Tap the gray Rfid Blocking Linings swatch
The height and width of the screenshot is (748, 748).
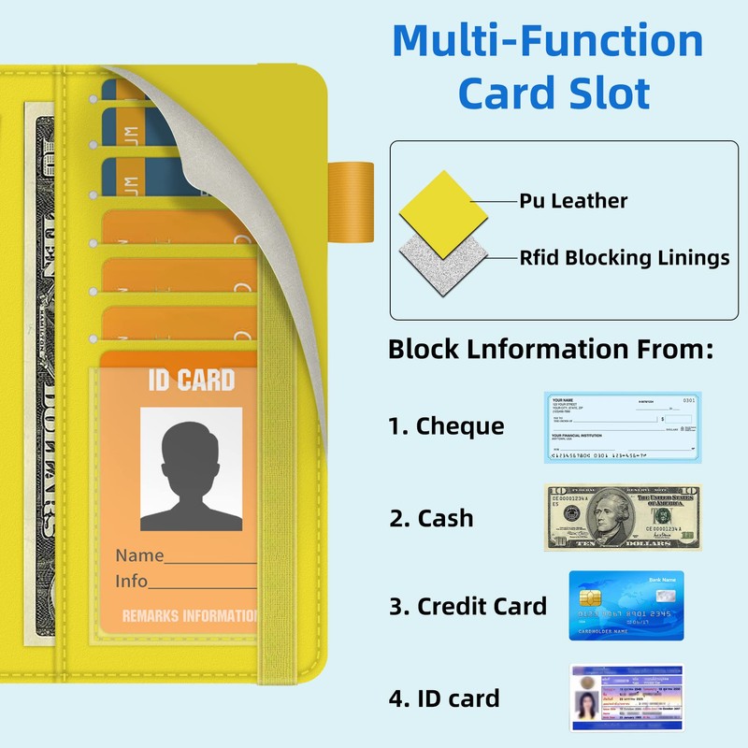(x=445, y=259)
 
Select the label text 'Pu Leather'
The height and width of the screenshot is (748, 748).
(x=573, y=201)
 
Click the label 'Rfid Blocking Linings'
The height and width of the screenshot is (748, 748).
(x=625, y=258)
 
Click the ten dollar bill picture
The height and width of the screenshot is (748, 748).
(x=622, y=517)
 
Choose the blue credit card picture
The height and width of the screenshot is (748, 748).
(x=626, y=605)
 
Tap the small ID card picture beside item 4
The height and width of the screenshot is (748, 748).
(x=626, y=698)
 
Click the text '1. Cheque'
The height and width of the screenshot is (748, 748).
(x=446, y=426)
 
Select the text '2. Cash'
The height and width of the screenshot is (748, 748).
(x=431, y=518)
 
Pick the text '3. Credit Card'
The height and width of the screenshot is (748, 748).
(x=467, y=606)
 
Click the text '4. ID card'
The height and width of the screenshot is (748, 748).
(x=444, y=698)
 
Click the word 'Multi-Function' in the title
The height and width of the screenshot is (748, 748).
(x=547, y=42)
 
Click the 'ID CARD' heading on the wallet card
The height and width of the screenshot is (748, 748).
(x=191, y=381)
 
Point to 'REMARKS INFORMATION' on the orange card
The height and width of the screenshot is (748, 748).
(x=190, y=616)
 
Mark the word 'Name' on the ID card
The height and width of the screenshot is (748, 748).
(x=139, y=555)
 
